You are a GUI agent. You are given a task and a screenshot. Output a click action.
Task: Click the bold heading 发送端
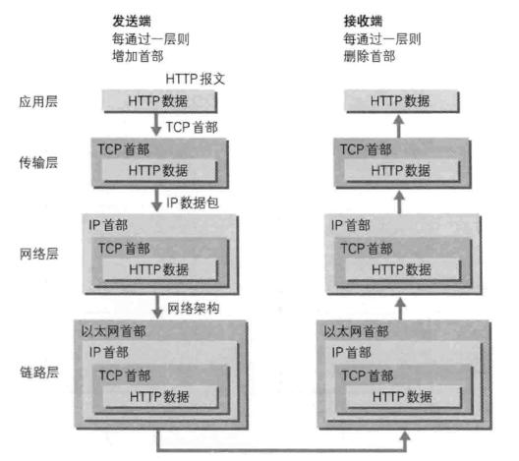(132, 22)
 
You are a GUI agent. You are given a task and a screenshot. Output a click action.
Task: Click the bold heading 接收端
(363, 22)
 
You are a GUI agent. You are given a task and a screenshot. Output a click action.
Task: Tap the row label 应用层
(38, 101)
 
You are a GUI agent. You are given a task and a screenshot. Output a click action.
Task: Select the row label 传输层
(38, 162)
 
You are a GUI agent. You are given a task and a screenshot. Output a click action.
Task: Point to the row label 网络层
(38, 254)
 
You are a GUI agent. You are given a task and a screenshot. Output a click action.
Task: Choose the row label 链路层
(39, 373)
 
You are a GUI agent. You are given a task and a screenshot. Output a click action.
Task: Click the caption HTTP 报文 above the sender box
(196, 79)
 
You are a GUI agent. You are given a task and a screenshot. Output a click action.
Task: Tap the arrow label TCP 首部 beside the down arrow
(192, 127)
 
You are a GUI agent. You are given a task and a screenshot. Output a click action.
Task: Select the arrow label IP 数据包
(193, 202)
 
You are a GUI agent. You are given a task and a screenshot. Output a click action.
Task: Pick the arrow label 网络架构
(194, 308)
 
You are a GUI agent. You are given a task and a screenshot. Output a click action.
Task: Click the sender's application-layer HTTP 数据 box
(160, 101)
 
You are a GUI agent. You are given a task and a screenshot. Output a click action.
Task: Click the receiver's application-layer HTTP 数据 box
(402, 101)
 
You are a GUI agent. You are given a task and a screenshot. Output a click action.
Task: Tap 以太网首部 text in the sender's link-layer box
(114, 331)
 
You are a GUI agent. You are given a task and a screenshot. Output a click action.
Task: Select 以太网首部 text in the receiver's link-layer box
(356, 331)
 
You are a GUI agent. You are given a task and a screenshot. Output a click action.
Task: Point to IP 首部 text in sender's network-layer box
(108, 225)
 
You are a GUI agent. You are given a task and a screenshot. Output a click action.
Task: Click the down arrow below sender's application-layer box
(156, 124)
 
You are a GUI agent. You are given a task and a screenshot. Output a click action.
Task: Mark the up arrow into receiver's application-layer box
(399, 126)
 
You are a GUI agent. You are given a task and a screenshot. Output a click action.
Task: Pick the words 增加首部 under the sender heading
(138, 56)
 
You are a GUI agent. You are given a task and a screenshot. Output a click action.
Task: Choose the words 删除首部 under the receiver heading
(370, 56)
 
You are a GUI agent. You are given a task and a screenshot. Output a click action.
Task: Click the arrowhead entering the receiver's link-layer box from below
(404, 435)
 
